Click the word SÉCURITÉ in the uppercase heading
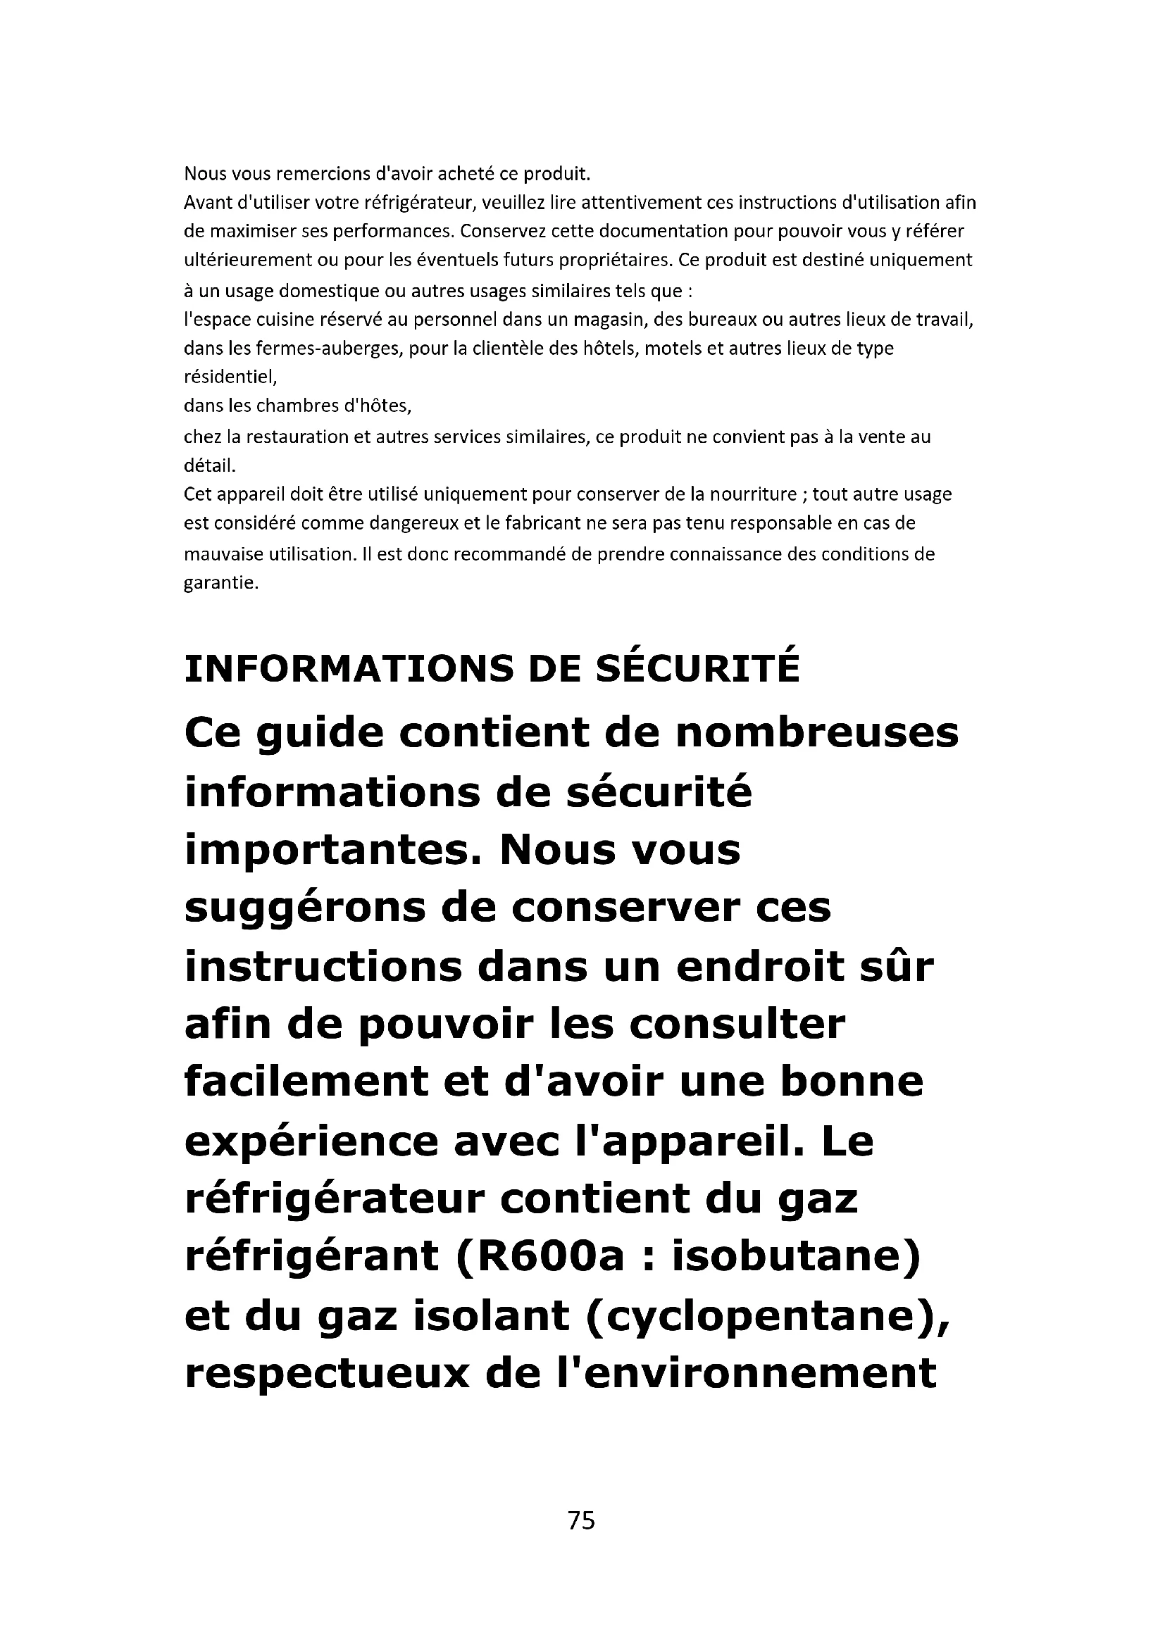click(698, 668)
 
